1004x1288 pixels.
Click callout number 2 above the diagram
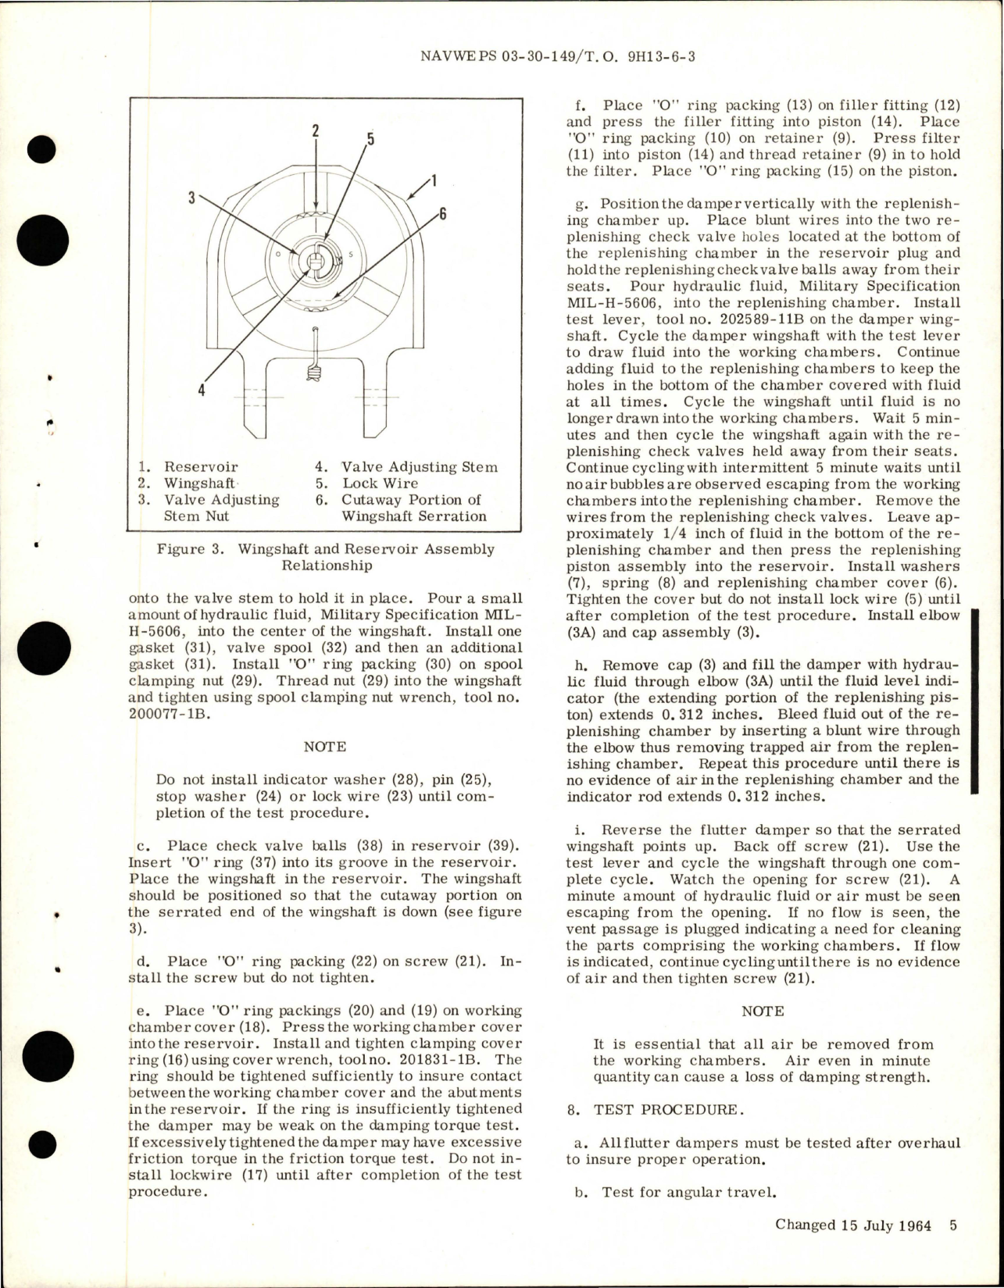(x=316, y=130)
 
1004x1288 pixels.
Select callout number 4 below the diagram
(x=202, y=391)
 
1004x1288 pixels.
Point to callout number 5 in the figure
(x=370, y=139)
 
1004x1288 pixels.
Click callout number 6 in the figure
(x=442, y=213)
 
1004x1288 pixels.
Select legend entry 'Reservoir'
(x=200, y=467)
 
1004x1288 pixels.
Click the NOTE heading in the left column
(x=324, y=746)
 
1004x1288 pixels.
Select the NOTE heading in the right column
(x=762, y=1011)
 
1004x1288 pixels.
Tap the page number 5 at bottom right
(x=953, y=1225)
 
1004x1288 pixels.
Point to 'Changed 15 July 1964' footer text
(x=852, y=1225)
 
